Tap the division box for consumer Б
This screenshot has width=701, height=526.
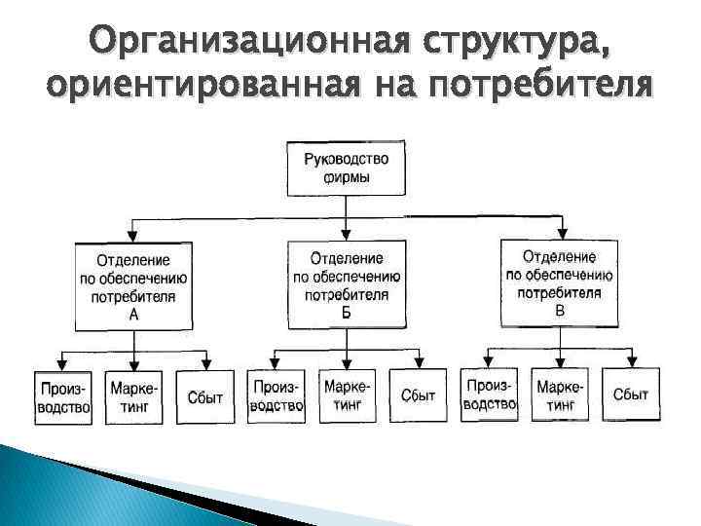tap(347, 284)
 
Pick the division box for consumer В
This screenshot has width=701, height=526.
tap(559, 283)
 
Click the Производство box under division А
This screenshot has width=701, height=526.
tap(63, 397)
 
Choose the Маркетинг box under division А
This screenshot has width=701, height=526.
tap(133, 397)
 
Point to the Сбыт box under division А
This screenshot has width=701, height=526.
tap(204, 397)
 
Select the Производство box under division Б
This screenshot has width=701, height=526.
tap(277, 395)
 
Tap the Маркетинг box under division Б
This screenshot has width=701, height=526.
tap(348, 395)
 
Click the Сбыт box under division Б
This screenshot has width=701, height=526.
tap(418, 395)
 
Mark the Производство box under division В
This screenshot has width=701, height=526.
tap(490, 394)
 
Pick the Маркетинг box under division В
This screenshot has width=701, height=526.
tap(560, 394)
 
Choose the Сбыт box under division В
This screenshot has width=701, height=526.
tap(631, 394)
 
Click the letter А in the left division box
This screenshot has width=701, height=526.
tap(133, 316)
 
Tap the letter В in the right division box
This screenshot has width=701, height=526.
tap(559, 311)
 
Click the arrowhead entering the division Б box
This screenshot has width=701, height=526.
tap(348, 234)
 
